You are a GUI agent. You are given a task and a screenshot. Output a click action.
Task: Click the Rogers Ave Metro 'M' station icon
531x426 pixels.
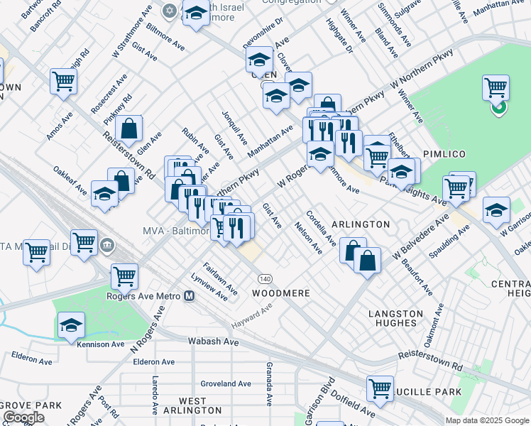[x=190, y=296]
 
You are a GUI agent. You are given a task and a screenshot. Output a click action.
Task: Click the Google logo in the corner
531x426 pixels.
[x=23, y=417]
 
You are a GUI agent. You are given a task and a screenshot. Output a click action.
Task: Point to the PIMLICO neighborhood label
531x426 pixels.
[x=444, y=154]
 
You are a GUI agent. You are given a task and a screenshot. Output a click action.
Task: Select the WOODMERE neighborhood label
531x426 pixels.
[x=281, y=293]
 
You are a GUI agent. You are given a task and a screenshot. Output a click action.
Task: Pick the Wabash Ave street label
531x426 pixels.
[x=213, y=342]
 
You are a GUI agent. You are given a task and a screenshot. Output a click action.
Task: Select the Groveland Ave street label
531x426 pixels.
[x=226, y=383]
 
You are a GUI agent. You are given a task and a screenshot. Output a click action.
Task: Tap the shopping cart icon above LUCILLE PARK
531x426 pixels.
[x=381, y=388]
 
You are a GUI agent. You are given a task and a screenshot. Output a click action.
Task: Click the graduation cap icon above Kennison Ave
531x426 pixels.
[x=71, y=324]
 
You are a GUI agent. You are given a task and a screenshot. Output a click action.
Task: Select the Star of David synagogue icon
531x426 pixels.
[x=169, y=11]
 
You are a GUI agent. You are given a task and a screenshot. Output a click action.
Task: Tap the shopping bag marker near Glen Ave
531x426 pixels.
[x=128, y=129]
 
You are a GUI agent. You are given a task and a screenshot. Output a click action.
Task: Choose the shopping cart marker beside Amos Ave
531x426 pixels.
[x=63, y=81]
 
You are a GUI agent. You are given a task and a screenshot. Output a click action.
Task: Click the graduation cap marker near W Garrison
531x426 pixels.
[x=496, y=209]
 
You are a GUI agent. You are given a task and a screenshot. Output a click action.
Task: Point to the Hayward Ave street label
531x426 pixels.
[x=252, y=317]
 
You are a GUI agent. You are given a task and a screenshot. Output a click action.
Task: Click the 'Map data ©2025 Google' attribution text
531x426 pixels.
[x=486, y=420]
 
